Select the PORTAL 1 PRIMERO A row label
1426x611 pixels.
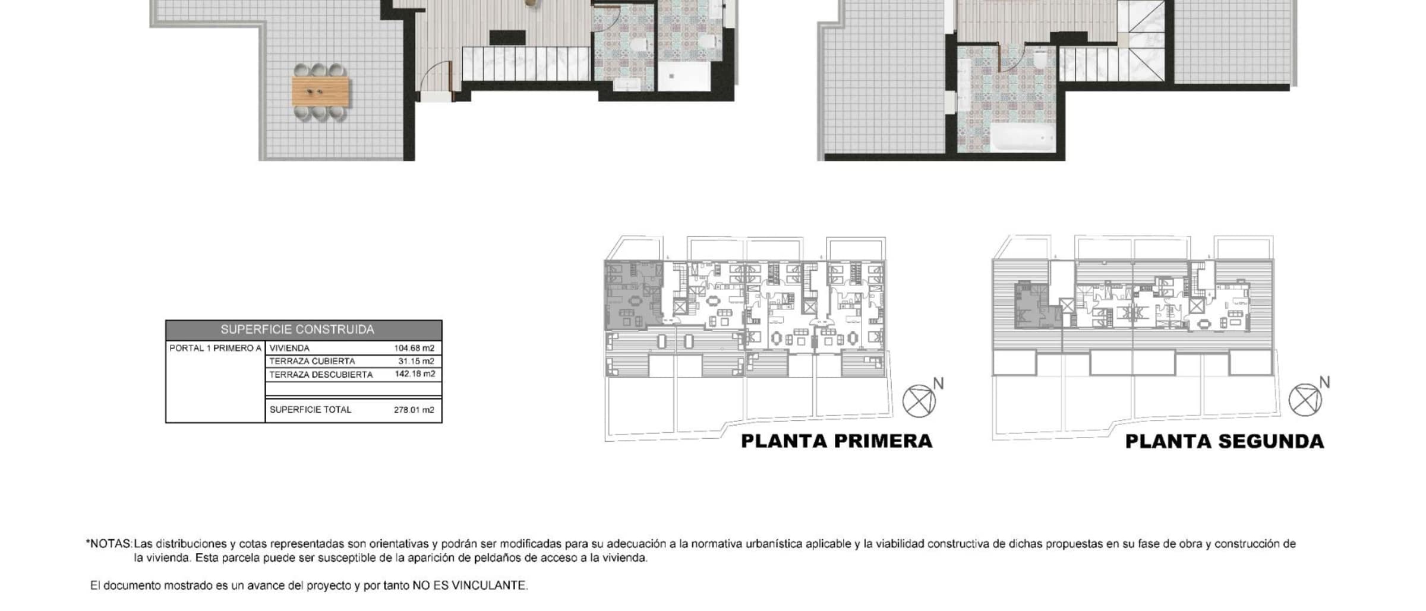coord(215,349)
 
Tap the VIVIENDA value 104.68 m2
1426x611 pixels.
coord(414,349)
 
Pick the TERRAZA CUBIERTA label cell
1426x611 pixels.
coord(312,362)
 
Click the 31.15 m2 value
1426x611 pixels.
coord(417,362)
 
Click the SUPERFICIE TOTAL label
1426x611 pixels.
coord(310,410)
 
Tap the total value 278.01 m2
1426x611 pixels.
coord(414,410)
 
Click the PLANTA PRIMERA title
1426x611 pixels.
coord(837,442)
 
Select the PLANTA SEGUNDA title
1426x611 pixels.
coord(1225,442)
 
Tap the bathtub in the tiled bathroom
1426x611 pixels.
coord(1023,137)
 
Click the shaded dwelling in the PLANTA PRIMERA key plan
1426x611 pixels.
coord(633,295)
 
